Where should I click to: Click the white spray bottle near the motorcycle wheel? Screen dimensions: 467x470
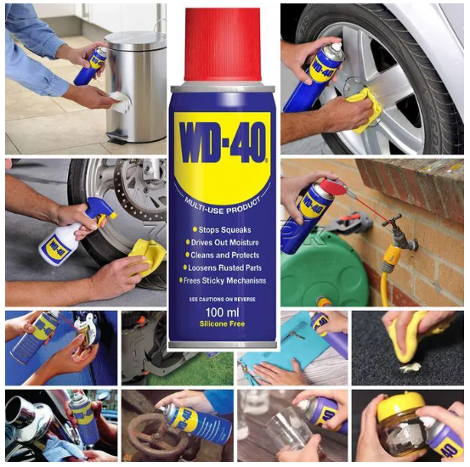coord(65,241)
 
